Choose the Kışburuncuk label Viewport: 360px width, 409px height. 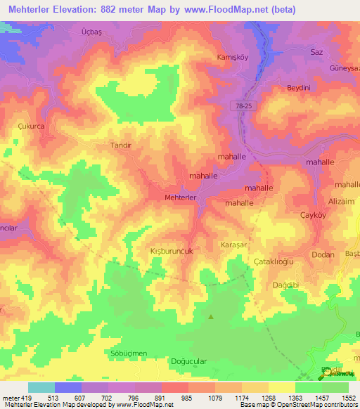click(162, 250)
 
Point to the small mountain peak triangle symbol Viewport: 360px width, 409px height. click(211, 316)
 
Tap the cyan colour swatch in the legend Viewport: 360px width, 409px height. click(41, 387)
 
